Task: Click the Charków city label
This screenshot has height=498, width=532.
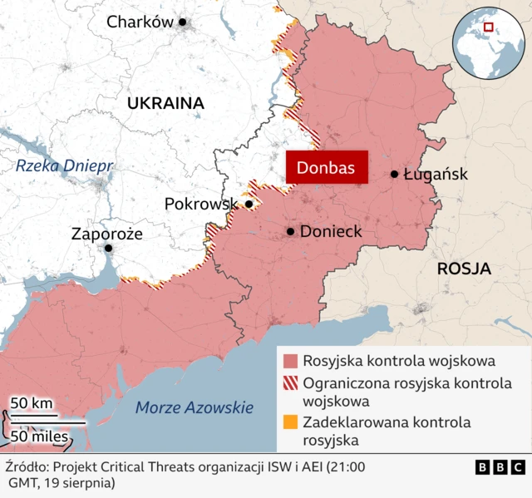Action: (x=140, y=22)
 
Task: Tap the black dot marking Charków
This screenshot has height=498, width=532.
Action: (x=183, y=22)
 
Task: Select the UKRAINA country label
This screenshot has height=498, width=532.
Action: (x=165, y=103)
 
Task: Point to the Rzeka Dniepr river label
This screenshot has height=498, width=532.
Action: (x=64, y=166)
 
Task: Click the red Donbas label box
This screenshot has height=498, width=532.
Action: (x=327, y=168)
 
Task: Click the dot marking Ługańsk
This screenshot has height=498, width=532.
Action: (x=395, y=175)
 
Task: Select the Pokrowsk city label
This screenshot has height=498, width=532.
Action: (x=201, y=204)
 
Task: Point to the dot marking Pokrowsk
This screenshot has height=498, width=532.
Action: (x=249, y=204)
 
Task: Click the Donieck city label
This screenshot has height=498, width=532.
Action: (x=331, y=231)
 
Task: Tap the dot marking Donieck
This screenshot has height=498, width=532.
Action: (x=290, y=231)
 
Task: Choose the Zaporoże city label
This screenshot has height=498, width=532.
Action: (x=106, y=234)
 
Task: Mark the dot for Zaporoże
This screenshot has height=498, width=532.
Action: (x=108, y=248)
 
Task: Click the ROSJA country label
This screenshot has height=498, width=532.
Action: (x=464, y=269)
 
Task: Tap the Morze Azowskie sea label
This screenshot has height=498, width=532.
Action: (x=194, y=407)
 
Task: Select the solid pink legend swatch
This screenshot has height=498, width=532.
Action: (x=290, y=362)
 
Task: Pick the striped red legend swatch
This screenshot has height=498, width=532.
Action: (x=290, y=383)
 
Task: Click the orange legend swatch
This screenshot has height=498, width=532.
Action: (x=290, y=422)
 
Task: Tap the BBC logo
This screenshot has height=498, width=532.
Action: (x=500, y=468)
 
